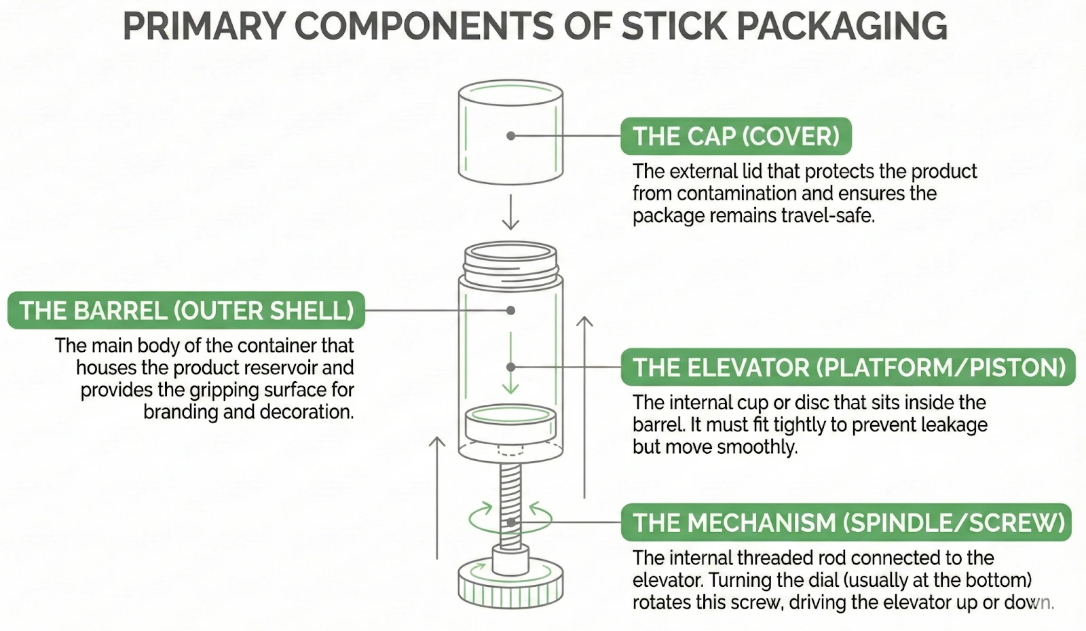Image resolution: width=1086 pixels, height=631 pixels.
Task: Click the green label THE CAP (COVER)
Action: [736, 137]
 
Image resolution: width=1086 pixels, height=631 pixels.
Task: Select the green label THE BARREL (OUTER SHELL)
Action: [187, 311]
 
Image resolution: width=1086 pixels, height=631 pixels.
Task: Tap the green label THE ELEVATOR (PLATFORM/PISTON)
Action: [848, 367]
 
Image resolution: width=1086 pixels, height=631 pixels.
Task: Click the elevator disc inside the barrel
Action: [510, 425]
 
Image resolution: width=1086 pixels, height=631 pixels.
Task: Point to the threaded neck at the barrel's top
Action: [510, 262]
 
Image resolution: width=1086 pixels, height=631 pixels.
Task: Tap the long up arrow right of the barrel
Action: [584, 408]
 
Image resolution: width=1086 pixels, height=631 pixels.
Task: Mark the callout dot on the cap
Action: [511, 136]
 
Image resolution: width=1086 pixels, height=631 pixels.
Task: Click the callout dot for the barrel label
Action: [511, 310]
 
